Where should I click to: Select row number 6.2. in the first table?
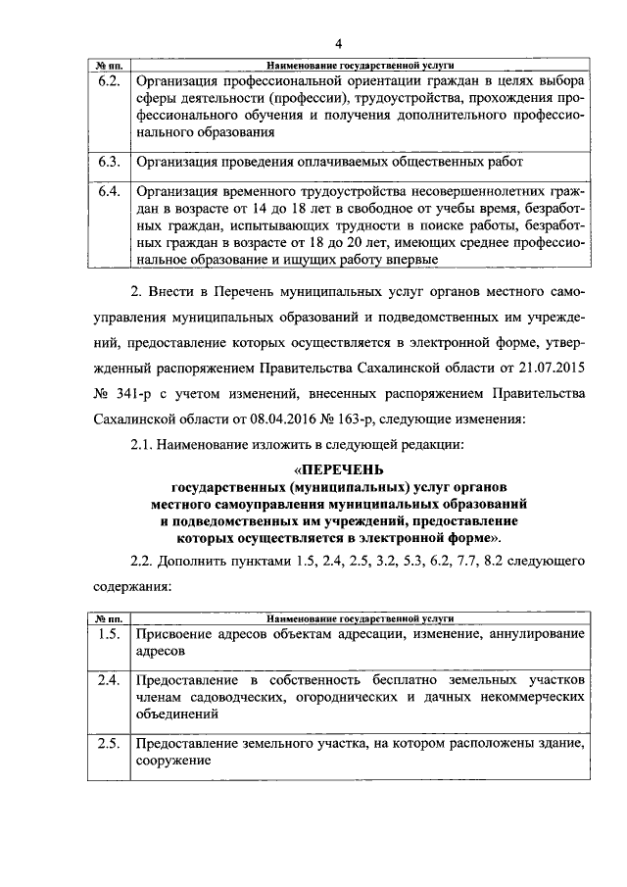click(x=108, y=81)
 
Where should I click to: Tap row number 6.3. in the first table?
click(x=108, y=161)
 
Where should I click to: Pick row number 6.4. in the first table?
click(x=108, y=191)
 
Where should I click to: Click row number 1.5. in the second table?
click(x=108, y=634)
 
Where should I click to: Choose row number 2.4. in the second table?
click(x=108, y=680)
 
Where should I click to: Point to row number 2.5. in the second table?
click(x=108, y=744)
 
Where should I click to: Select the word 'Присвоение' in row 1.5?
click(x=175, y=634)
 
